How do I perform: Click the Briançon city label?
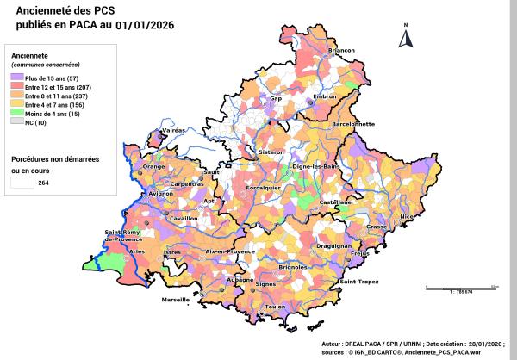342,51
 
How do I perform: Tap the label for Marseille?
176,300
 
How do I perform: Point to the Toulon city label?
275,307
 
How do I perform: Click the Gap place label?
277,99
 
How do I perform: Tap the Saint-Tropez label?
360,282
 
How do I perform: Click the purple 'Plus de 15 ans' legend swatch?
17,78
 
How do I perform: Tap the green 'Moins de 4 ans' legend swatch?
17,113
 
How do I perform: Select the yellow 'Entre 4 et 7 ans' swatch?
17,104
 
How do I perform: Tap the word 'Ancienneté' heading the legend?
28,56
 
